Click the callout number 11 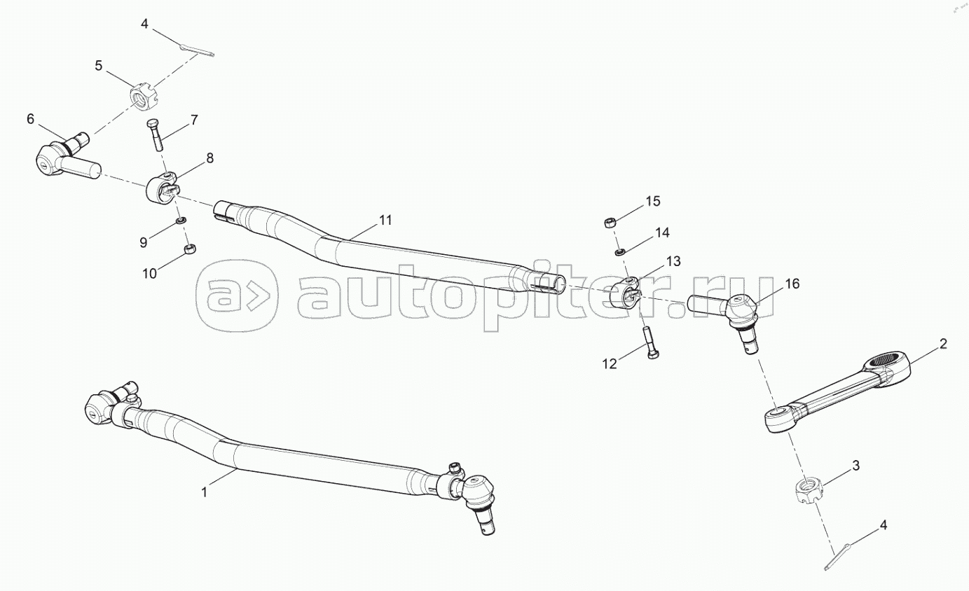click(385, 220)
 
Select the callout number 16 click(791, 284)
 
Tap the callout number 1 click(205, 492)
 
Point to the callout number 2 click(943, 344)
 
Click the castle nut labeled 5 click(144, 96)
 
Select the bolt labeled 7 click(155, 135)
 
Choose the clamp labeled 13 click(626, 295)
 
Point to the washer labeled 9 click(181, 222)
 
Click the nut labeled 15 click(608, 223)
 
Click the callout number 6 click(30, 119)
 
